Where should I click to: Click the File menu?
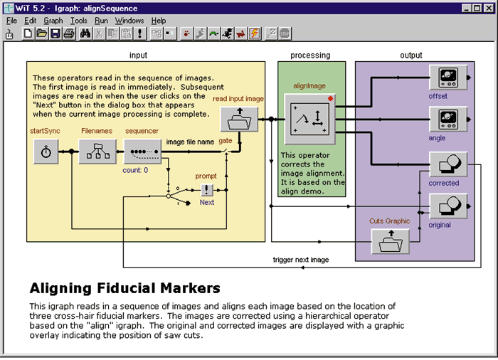(11, 21)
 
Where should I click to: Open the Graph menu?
(53, 21)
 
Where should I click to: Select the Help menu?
(158, 21)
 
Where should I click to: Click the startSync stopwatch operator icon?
(46, 152)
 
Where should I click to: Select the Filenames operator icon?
(97, 152)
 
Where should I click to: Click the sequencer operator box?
(142, 152)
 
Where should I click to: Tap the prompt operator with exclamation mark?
(206, 189)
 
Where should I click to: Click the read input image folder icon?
(239, 120)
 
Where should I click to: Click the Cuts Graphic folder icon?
(389, 242)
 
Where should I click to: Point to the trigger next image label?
(301, 260)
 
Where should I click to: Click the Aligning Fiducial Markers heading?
(124, 288)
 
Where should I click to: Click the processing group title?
(310, 55)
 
